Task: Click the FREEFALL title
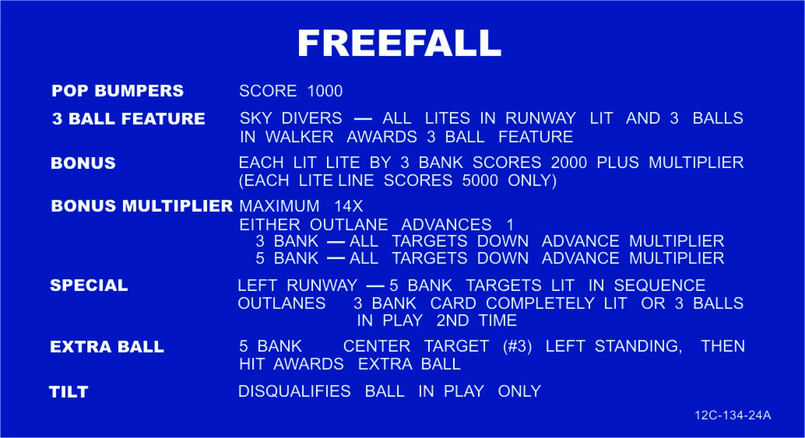coord(399,43)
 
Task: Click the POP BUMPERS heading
coord(118,91)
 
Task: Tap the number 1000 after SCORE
coord(325,91)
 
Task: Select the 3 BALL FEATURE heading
coord(128,119)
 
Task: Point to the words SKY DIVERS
coord(290,118)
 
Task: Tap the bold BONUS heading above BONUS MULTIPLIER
coord(83,163)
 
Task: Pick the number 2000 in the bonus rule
coord(569,163)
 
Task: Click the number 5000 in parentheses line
coord(480,180)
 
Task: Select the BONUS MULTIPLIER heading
coord(142,206)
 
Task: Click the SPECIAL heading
coord(89,286)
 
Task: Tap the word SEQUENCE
coord(659,286)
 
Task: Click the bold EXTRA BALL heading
coord(107,347)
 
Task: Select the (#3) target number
coord(518,346)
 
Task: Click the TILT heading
coord(69,392)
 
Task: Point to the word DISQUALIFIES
coord(295,391)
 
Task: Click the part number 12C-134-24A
coord(733,415)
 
